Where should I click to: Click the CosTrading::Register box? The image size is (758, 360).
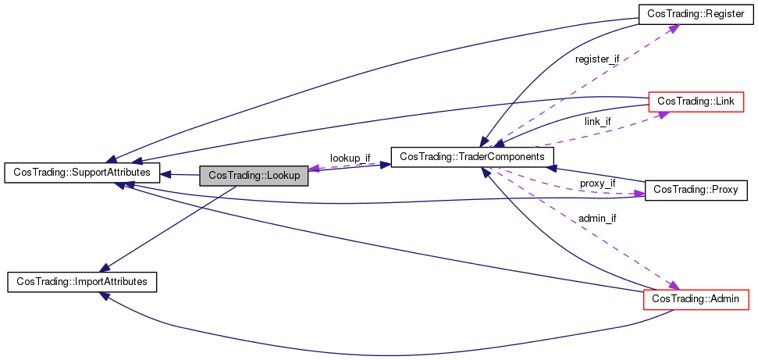tap(695, 13)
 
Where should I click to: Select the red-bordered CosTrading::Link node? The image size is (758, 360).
tap(694, 101)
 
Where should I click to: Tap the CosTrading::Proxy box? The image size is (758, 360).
tap(696, 190)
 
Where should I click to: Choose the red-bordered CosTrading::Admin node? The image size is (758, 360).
tap(695, 298)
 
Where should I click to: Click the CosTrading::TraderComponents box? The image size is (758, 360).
tap(472, 157)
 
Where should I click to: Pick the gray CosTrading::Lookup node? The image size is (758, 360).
tap(254, 176)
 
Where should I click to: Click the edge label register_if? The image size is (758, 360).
tap(596, 59)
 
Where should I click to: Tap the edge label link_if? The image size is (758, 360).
tap(597, 121)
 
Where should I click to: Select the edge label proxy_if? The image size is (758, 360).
tap(597, 183)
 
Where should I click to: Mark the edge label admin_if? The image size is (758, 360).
tap(597, 218)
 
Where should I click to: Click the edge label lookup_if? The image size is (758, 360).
tap(350, 158)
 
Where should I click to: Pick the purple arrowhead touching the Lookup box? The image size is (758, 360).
tap(315, 169)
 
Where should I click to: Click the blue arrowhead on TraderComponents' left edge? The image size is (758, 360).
tap(385, 165)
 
